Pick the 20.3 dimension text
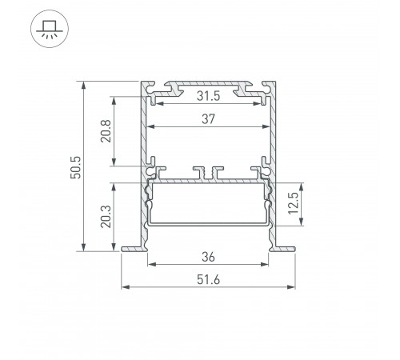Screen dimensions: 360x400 click(104, 215)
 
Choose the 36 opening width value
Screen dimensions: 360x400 click(208, 258)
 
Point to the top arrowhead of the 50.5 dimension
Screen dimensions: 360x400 click(83, 83)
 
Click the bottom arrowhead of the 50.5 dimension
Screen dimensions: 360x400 click(83, 248)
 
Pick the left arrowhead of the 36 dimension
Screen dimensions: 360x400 click(150, 263)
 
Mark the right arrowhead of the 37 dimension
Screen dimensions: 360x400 click(265, 127)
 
